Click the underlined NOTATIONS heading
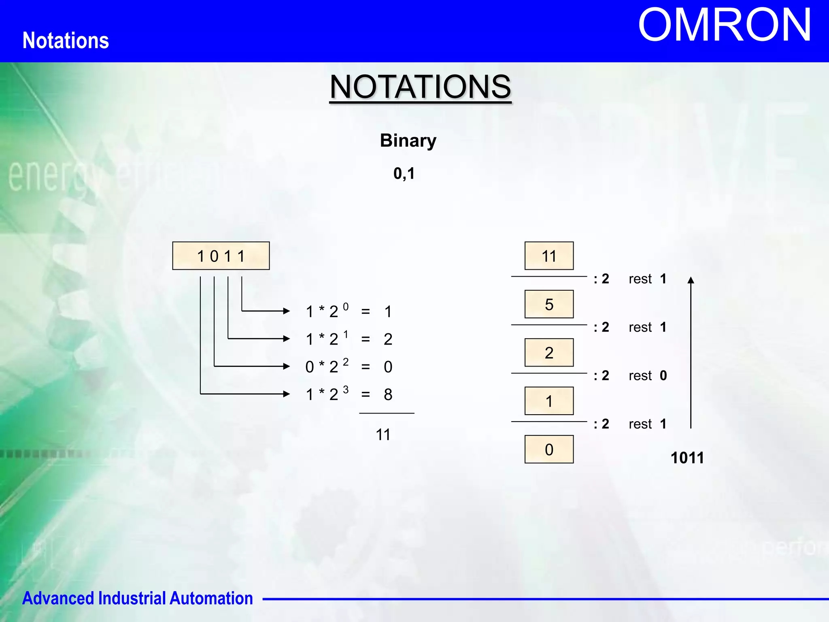[x=420, y=87]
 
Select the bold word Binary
[x=408, y=141]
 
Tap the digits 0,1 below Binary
[x=404, y=174]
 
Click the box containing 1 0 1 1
[x=221, y=256]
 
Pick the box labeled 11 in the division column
[x=549, y=256]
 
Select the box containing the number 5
[x=549, y=304]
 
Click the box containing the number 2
[x=549, y=353]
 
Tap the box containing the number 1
[x=549, y=401]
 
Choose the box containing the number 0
[x=549, y=449]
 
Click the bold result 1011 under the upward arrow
[x=687, y=458]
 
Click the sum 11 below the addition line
[x=383, y=435]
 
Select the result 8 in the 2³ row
[x=388, y=394]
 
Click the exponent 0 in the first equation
[x=346, y=307]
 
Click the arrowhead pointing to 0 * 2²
[x=287, y=366]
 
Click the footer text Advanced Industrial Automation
[x=138, y=599]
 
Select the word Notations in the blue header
[x=66, y=40]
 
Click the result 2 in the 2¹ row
[x=388, y=339]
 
